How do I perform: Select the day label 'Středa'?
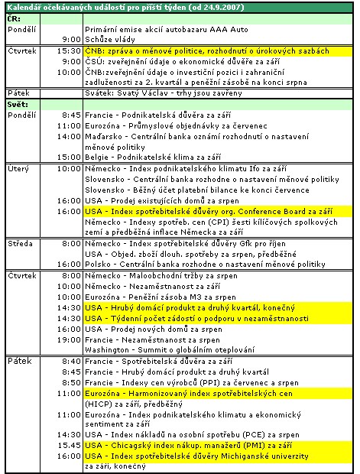20,242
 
